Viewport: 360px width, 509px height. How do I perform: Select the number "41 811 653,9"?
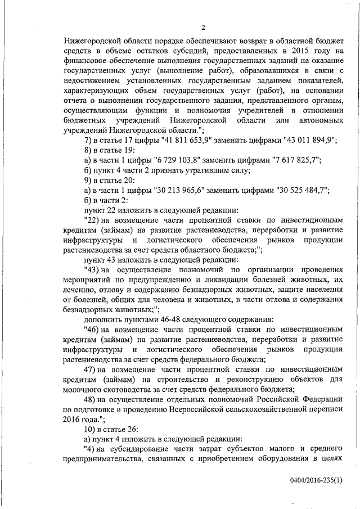point(171,141)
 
